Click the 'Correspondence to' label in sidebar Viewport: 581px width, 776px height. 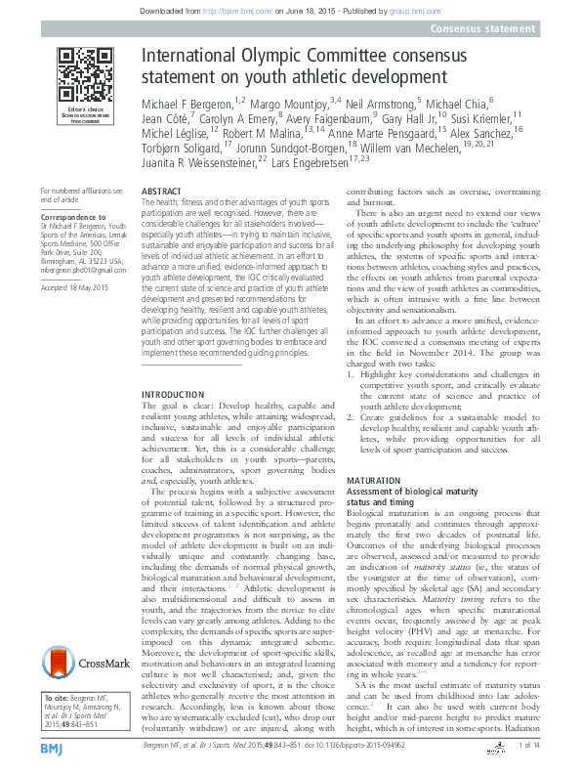pyautogui.click(x=73, y=210)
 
